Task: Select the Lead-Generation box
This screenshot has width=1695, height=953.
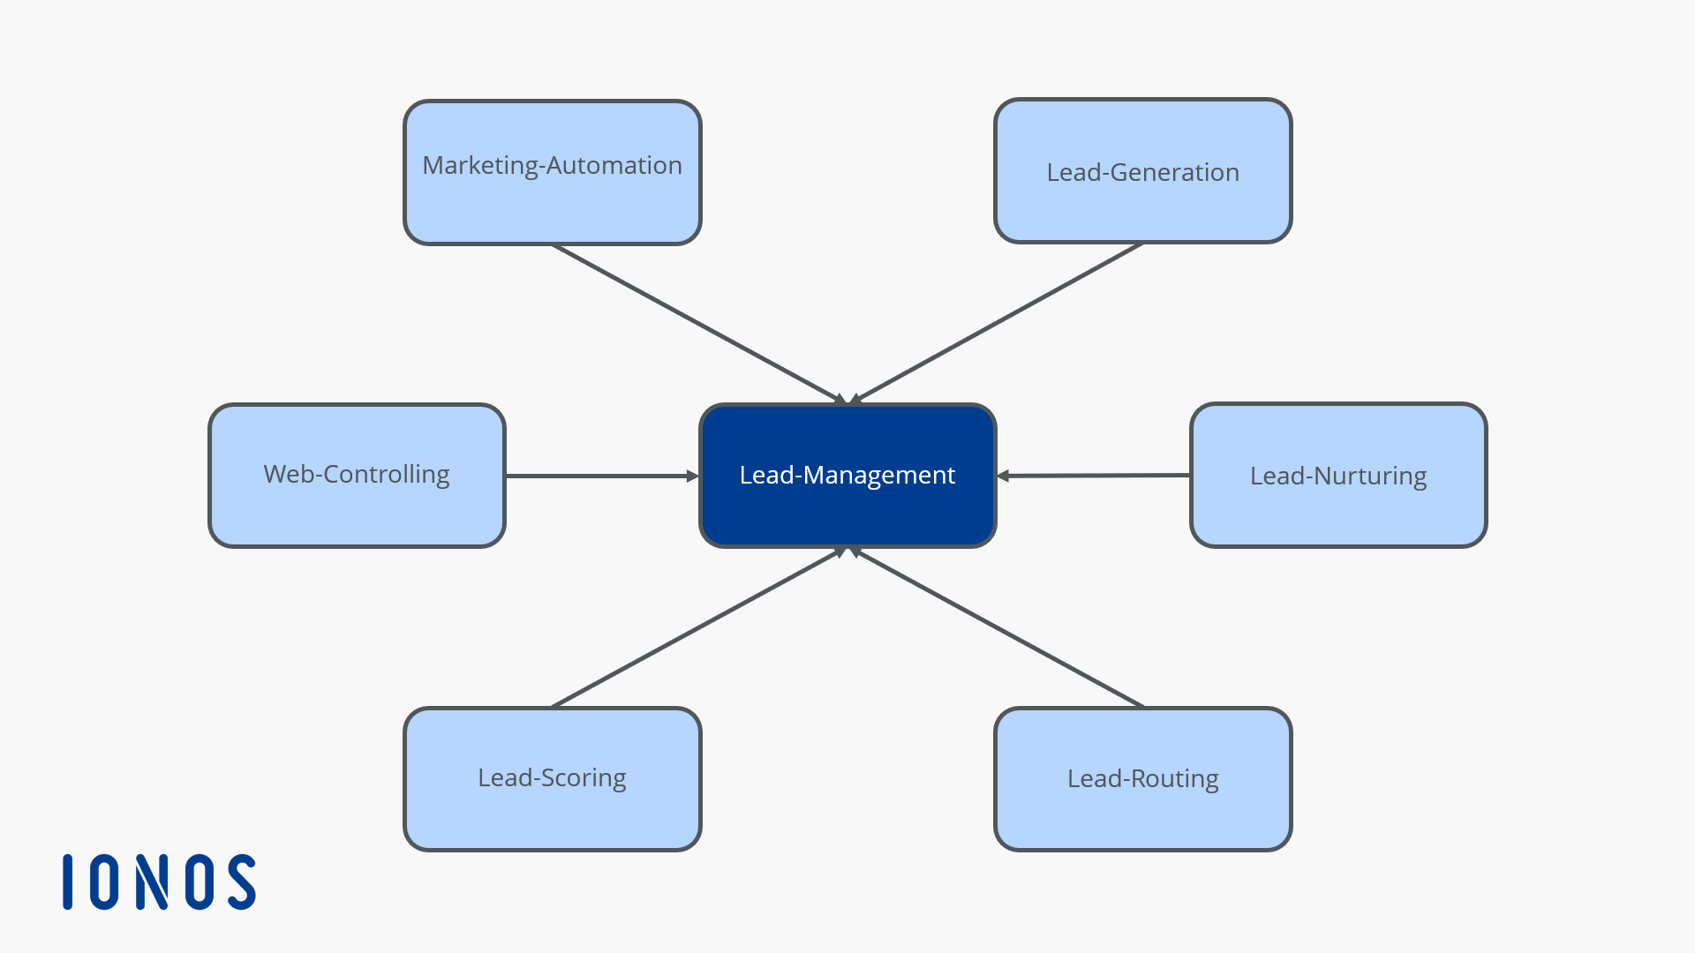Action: tap(1142, 171)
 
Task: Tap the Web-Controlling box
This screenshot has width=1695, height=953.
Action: tap(357, 475)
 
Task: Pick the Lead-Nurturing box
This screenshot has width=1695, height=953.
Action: tap(1338, 476)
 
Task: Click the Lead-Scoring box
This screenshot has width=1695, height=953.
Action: tap(553, 778)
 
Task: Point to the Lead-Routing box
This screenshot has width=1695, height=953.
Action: tap(1142, 778)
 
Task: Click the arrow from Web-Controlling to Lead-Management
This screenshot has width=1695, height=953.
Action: tap(600, 476)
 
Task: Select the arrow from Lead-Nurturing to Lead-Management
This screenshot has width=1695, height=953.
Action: tap(1095, 476)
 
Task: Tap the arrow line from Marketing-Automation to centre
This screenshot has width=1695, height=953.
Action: tap(697, 323)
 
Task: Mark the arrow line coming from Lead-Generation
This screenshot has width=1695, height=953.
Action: tap(998, 323)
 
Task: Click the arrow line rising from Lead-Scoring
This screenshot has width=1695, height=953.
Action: tap(697, 628)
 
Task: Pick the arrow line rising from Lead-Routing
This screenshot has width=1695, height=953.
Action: tap(998, 628)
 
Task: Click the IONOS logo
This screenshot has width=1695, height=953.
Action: tap(159, 882)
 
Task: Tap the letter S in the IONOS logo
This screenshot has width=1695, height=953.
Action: tap(241, 882)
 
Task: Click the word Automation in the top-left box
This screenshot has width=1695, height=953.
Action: tap(614, 165)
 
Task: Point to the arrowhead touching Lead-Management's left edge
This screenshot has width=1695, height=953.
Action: tap(693, 476)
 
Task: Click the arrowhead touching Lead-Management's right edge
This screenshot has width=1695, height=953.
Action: tap(1004, 476)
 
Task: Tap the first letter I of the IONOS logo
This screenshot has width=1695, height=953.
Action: tap(68, 882)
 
